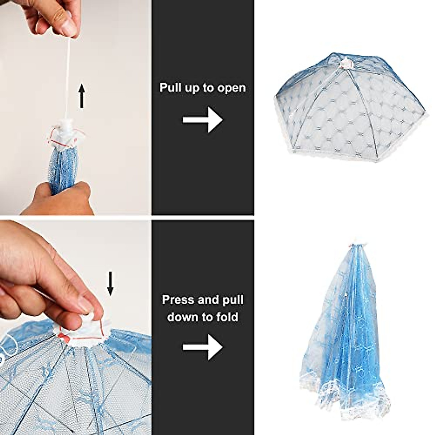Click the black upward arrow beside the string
[82, 96]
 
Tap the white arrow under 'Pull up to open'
[202, 119]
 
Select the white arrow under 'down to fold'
[202, 347]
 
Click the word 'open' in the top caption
[230, 88]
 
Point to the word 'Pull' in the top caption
[171, 88]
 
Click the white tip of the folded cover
[356, 240]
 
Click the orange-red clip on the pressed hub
[66, 337]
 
